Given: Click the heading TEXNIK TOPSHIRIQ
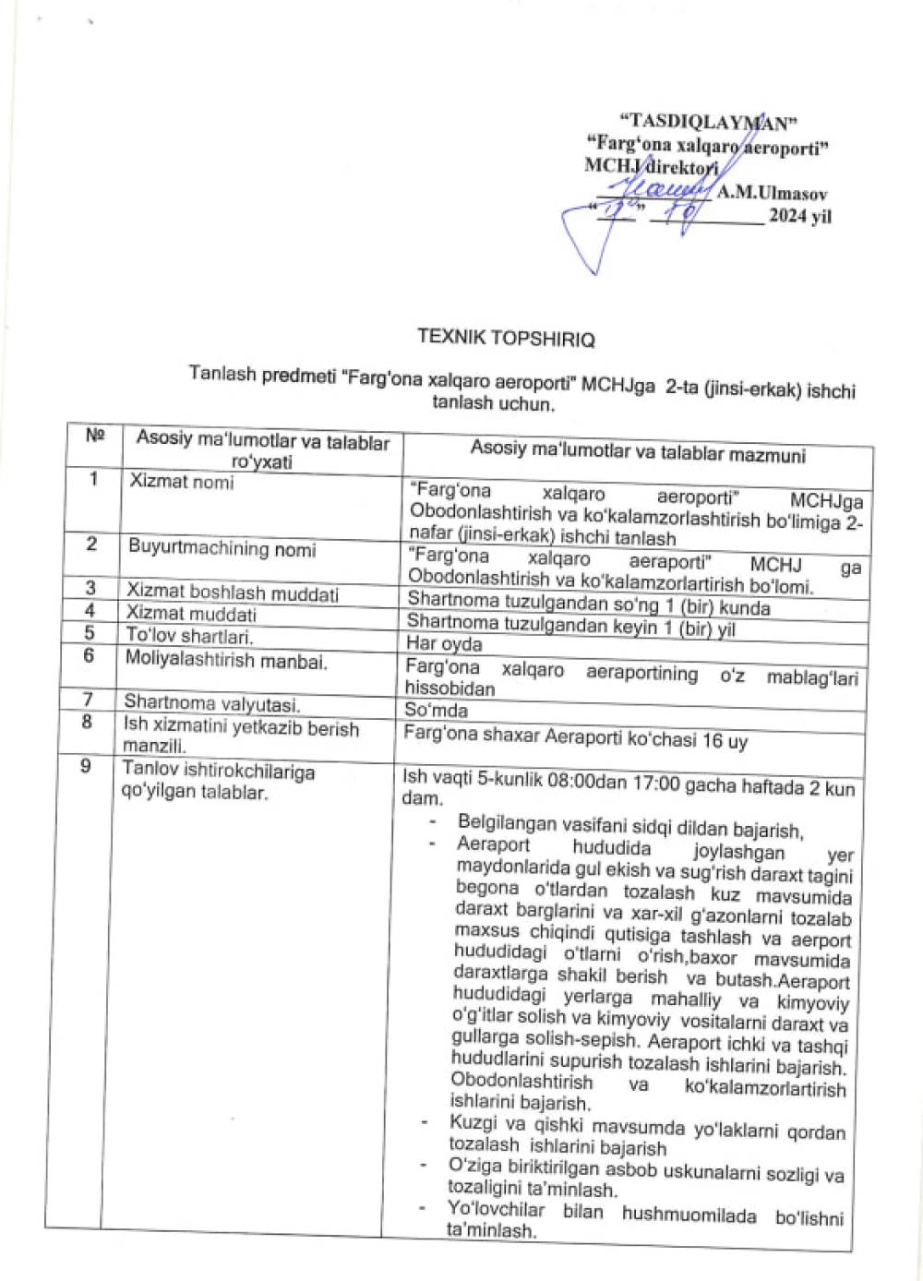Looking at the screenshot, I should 506,337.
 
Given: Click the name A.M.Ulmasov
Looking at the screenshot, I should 772,194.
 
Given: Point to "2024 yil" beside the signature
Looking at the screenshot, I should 800,216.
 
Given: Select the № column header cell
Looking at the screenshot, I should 94,435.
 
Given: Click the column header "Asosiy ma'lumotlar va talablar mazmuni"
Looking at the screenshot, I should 637,453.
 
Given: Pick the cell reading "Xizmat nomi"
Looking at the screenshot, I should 182,481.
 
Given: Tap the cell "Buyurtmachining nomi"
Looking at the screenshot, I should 222,548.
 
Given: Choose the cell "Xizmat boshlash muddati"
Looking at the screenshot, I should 233,593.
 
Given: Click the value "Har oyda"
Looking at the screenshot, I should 444,643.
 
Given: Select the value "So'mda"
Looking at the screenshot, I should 436,710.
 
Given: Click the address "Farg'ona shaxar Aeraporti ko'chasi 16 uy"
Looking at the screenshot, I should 576,739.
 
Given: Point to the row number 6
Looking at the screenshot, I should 89,655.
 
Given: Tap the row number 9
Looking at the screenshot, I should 85,765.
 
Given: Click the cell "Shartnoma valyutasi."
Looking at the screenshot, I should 211,703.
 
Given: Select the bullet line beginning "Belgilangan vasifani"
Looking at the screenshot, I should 629,828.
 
